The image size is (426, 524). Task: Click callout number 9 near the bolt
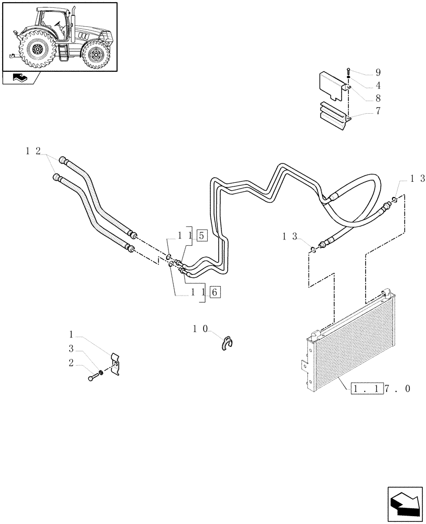tap(363, 72)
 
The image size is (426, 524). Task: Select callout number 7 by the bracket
tap(363, 111)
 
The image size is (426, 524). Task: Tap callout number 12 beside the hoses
tap(33, 151)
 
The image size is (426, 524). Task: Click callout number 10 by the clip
tap(200, 329)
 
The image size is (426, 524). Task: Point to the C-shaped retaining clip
tap(228, 342)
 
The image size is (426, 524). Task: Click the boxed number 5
tap(203, 235)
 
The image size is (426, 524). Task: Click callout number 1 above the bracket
tap(71, 333)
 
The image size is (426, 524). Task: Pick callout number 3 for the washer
tap(71, 348)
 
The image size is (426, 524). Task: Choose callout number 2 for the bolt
tap(71, 362)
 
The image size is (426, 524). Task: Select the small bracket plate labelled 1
tap(116, 363)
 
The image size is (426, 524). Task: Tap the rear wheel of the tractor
tap(37, 51)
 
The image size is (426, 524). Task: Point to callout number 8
tap(363, 97)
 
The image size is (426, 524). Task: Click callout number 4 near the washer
tap(363, 85)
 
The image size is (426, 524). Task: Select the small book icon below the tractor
tap(19, 78)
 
